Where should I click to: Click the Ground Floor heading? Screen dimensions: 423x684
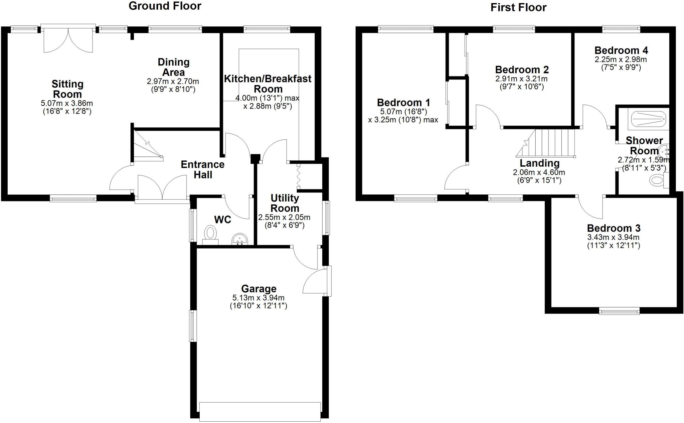165,6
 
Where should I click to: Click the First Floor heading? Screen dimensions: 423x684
518,7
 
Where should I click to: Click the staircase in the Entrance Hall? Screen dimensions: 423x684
147,145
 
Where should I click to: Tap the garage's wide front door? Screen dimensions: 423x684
260,412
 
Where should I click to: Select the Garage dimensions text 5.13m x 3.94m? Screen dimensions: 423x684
258,298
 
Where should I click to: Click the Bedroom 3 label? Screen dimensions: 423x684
614,228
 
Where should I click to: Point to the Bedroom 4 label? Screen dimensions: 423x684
621,50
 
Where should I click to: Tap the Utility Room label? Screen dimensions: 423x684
285,203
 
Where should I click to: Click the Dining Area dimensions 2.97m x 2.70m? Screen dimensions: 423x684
173,81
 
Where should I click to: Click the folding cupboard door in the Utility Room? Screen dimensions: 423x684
298,176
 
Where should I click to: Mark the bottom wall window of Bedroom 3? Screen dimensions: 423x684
619,311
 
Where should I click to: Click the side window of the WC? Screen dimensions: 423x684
193,225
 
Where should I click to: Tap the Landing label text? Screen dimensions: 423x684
539,163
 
